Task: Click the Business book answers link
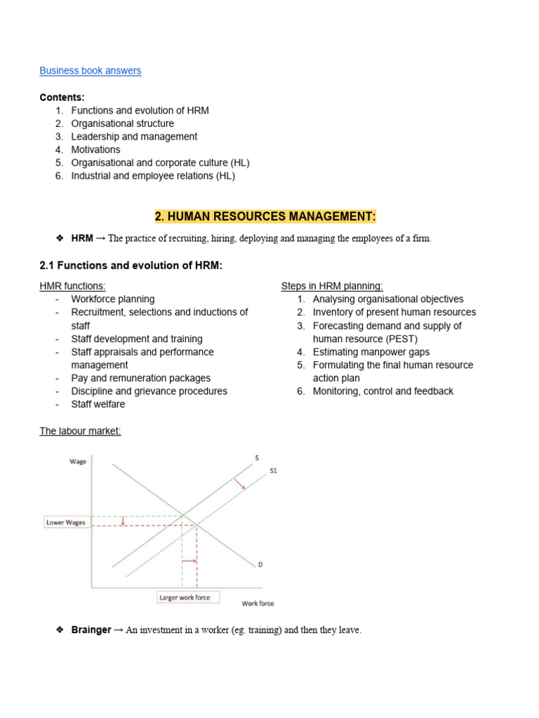click(90, 71)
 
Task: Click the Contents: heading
click(62, 97)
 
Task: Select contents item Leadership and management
click(134, 137)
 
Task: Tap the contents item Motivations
click(95, 149)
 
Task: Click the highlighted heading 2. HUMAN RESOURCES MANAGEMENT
click(265, 215)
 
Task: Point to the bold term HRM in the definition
click(81, 238)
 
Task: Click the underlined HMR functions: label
click(72, 286)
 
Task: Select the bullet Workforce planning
click(112, 299)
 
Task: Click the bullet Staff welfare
click(98, 404)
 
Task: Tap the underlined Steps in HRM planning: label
click(332, 286)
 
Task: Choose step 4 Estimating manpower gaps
click(371, 352)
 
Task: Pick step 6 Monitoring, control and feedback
click(382, 391)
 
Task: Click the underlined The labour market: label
click(80, 431)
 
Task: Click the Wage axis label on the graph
click(78, 461)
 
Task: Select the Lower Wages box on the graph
click(65, 522)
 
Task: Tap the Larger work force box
click(187, 597)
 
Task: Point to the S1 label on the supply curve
click(274, 471)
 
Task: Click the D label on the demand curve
click(260, 564)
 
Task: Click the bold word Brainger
click(91, 630)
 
